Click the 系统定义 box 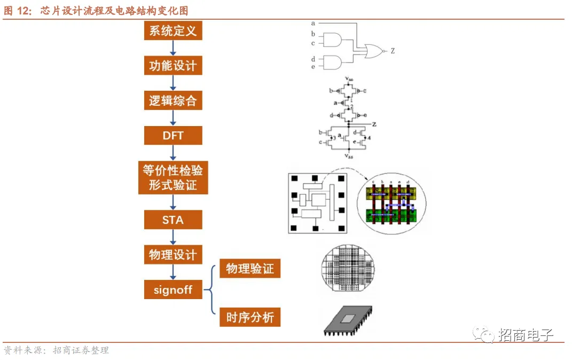coord(173,30)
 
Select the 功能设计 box coord(173,66)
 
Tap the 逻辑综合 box coord(173,100)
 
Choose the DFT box coord(173,136)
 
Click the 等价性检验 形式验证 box coord(173,177)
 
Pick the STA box coord(173,220)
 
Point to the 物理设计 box coord(173,255)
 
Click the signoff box coord(173,290)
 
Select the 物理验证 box coord(249,268)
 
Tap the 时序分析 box coord(249,317)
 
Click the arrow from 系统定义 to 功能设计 coord(173,48)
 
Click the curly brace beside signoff coord(210,291)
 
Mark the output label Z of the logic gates coord(393,51)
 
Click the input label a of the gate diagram coord(313,24)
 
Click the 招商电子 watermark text coord(526,335)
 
